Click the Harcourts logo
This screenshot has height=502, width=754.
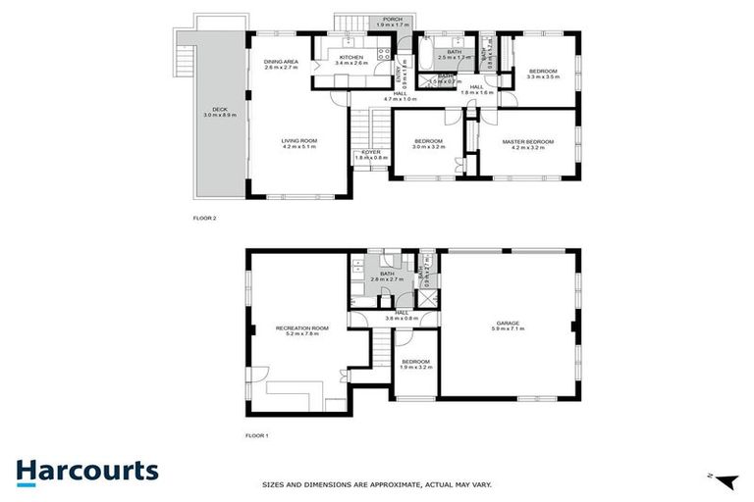[86, 471]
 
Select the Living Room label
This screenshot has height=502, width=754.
[298, 144]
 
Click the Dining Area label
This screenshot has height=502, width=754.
[281, 65]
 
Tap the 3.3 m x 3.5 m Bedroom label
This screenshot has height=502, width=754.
[543, 73]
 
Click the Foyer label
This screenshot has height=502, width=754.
[371, 154]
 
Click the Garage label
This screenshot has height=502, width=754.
[507, 324]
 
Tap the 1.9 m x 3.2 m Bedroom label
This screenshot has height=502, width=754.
[416, 364]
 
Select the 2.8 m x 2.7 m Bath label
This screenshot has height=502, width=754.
[387, 276]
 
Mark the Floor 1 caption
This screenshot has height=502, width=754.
[255, 435]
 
